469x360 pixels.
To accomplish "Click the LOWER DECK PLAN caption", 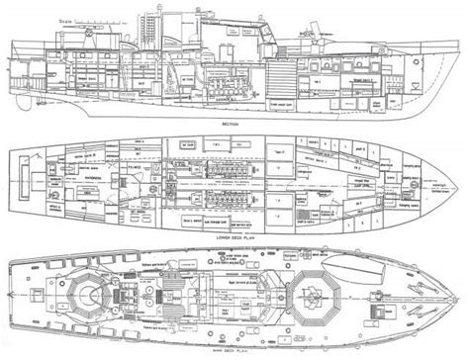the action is point(234,237).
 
